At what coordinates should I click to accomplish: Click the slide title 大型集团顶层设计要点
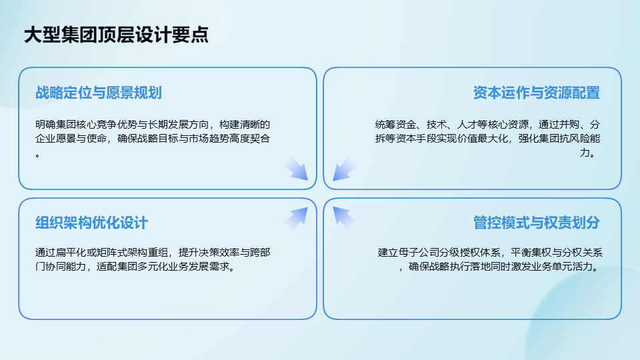116,35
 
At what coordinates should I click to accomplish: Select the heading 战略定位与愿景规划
99,93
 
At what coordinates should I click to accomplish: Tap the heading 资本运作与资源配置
536,93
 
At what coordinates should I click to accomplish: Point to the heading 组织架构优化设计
91,223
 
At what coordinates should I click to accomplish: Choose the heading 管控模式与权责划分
536,223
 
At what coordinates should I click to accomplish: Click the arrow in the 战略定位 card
296,167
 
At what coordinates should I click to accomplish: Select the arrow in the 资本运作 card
344,167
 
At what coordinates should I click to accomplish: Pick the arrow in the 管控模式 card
344,219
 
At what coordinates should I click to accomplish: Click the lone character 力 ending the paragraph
585,153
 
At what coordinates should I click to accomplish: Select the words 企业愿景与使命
71,139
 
